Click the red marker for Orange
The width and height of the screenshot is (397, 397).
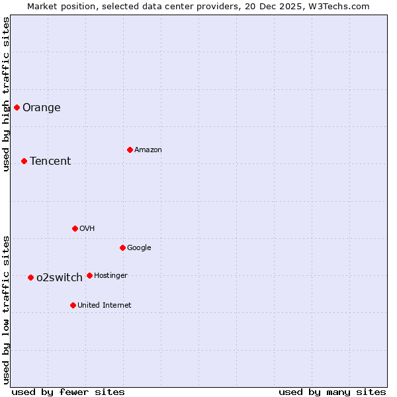point(17,107)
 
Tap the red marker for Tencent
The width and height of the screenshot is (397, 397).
point(24,161)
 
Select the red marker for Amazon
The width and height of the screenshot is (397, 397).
point(130,150)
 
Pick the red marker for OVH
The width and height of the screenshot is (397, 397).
point(75,228)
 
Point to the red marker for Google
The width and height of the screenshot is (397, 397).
point(122,247)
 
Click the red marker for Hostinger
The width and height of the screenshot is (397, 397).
point(89,275)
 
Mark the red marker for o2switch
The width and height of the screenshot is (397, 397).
point(30,277)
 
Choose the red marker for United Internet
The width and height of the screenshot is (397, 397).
point(73,305)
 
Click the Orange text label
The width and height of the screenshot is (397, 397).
point(42,108)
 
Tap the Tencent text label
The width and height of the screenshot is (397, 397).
point(50,161)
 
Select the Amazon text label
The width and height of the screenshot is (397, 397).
point(148,150)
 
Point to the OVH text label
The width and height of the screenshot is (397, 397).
point(87,229)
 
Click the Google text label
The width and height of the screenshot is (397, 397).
point(139,248)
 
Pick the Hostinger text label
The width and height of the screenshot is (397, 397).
point(110,276)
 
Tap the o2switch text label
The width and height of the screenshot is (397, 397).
point(60,278)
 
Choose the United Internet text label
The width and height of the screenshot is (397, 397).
point(105,306)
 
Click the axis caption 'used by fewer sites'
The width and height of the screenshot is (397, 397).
point(68,392)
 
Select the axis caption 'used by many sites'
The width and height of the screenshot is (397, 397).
point(332,392)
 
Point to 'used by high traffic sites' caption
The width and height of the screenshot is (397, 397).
point(6,94)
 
